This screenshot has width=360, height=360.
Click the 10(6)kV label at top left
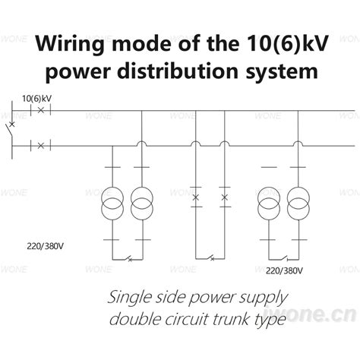36,99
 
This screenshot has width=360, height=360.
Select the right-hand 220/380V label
285,270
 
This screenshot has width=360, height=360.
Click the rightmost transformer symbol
298,206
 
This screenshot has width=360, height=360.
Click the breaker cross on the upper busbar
39,110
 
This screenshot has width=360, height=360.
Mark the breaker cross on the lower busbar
39,144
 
